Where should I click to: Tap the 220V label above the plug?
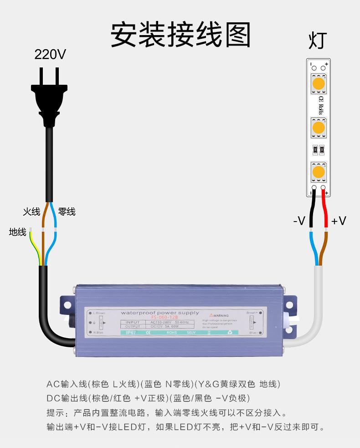tap(50, 55)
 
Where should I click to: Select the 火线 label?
tap(32, 211)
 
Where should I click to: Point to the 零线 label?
tap(67, 211)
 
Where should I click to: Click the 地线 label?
tap(18, 232)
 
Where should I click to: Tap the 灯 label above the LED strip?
tap(318, 41)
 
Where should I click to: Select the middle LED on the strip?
tap(318, 127)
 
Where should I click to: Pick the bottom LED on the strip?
tap(318, 172)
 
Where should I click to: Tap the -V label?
tap(299, 221)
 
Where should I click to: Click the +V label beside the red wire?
tap(339, 221)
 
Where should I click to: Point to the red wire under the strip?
tap(324, 210)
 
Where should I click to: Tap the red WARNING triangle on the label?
tap(211, 315)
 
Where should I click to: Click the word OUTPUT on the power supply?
tap(133, 326)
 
